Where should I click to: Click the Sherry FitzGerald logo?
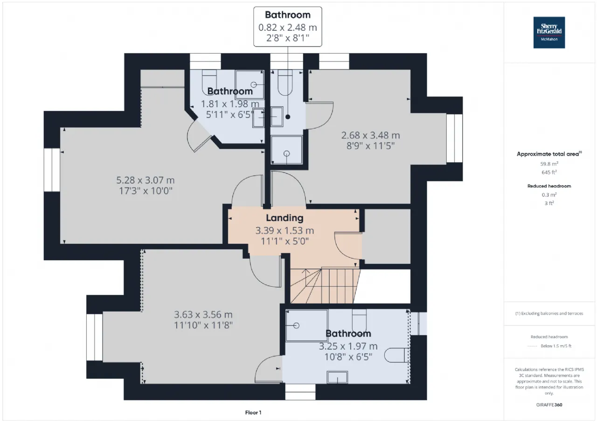(549, 33)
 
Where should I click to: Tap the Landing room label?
(285, 218)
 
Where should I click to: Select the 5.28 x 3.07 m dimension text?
(145, 180)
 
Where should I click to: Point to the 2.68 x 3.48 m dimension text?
(370, 136)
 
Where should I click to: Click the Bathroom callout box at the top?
(288, 27)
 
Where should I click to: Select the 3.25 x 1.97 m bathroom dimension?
(348, 346)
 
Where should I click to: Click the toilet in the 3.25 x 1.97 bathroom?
(397, 356)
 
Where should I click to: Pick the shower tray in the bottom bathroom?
(306, 325)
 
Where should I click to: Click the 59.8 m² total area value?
(549, 164)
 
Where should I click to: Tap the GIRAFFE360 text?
(549, 405)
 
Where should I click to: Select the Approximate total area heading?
(549, 154)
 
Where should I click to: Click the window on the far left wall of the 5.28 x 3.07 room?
(52, 170)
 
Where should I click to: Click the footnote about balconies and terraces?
(549, 313)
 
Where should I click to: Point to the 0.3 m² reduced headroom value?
(549, 195)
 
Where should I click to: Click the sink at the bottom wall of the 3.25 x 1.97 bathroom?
(338, 376)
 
